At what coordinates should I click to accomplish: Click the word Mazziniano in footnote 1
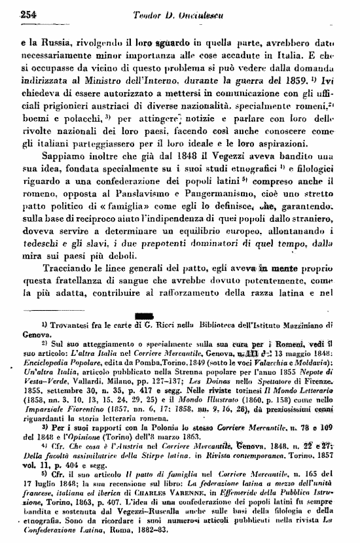coord(297,324)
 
